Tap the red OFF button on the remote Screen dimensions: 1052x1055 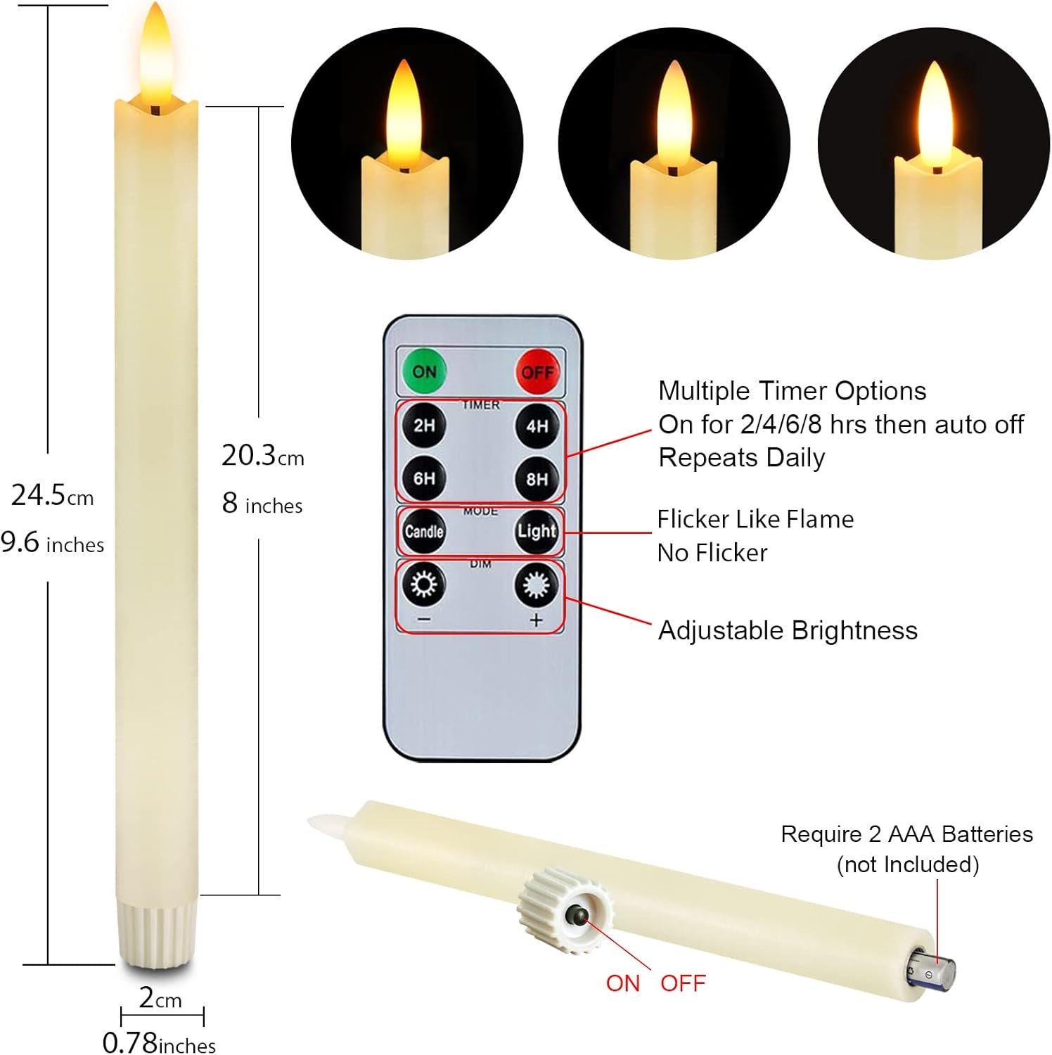pyautogui.click(x=537, y=372)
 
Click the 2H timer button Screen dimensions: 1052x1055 pyautogui.click(x=424, y=426)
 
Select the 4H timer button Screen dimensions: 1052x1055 pyautogui.click(x=537, y=426)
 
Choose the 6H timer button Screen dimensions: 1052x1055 pyautogui.click(x=424, y=479)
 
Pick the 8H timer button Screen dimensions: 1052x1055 pyautogui.click(x=537, y=479)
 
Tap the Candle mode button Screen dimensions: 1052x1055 pyautogui.click(x=424, y=531)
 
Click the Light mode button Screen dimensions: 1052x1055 pyautogui.click(x=537, y=531)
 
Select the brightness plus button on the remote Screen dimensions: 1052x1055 pyautogui.click(x=537, y=584)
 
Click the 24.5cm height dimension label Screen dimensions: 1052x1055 pyautogui.click(x=53, y=495)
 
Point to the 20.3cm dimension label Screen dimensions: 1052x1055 pyautogui.click(x=263, y=456)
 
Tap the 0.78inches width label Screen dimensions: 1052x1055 pyautogui.click(x=159, y=1042)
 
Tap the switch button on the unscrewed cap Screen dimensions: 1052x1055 pyautogui.click(x=579, y=915)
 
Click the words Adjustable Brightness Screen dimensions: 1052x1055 pyautogui.click(x=788, y=631)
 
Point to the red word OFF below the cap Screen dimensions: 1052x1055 pyautogui.click(x=683, y=983)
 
